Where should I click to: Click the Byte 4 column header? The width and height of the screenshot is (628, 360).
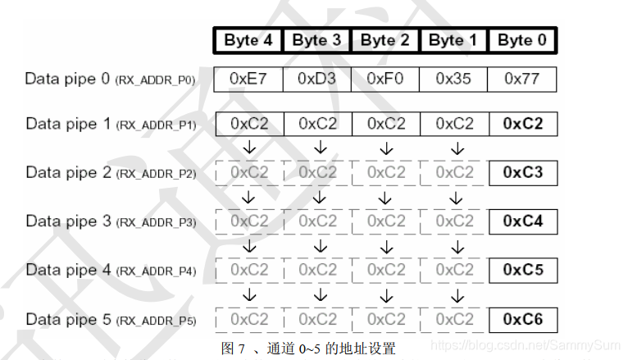248,40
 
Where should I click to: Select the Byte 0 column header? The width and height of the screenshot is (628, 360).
521,40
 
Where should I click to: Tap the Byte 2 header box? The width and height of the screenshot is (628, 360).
385,40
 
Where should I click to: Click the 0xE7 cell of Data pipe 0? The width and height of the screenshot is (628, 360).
249,79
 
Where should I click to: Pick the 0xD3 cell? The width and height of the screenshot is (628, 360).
317,79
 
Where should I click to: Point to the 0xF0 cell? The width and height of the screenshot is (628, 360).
385,79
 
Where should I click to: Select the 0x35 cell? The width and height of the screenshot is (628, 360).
453,79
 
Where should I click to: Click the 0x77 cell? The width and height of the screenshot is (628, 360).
522,79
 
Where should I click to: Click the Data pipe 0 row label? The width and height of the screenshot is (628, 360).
110,80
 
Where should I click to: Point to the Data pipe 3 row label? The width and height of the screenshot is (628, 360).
110,221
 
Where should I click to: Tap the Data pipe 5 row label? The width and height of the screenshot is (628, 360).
110,319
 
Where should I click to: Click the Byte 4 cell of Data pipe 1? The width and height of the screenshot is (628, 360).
249,124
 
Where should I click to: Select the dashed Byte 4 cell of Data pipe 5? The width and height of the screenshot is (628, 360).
249,319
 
